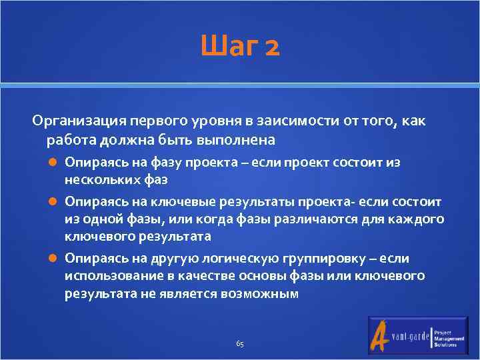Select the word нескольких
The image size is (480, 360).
pos(100,179)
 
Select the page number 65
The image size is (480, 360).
pos(240,344)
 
